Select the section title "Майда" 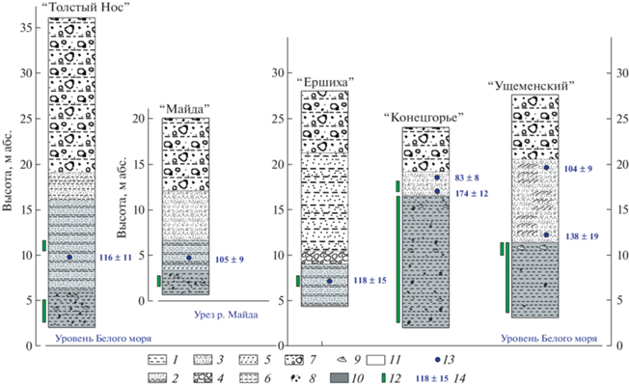[184, 108]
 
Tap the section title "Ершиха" [325, 82]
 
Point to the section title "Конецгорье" [424, 118]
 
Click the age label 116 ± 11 [116, 258]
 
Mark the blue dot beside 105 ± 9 [189, 258]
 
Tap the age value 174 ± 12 [472, 194]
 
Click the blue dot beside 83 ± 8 [437, 178]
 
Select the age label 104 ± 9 [578, 169]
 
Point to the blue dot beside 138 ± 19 [546, 234]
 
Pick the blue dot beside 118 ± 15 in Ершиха [329, 281]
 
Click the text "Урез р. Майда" [226, 315]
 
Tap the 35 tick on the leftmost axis [39, 28]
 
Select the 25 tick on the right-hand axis [613, 119]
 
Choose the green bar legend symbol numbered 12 [383, 378]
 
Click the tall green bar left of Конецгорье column [397, 260]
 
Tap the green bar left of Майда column [159, 281]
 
